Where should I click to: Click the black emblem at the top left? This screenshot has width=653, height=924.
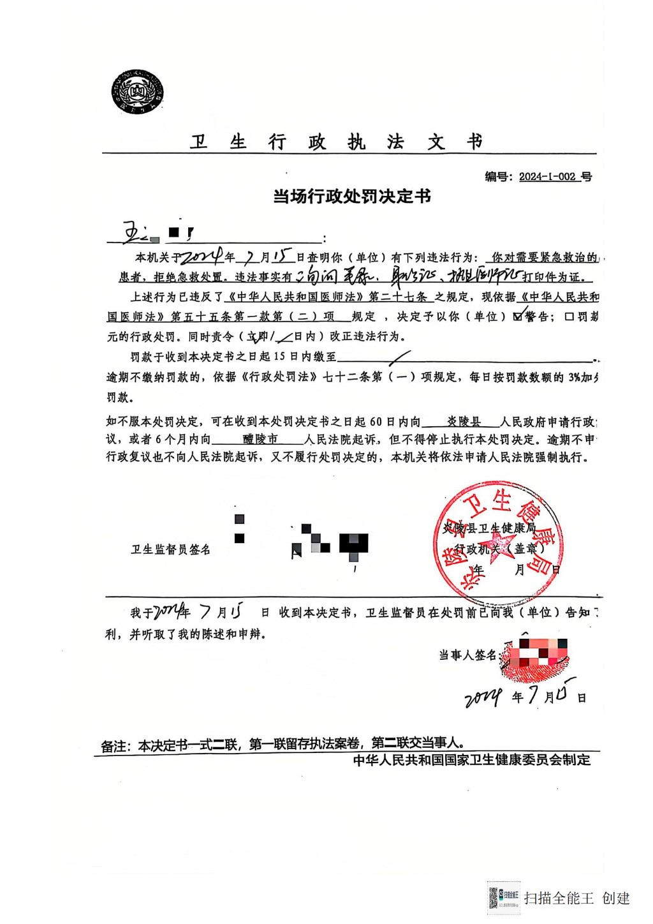[x=136, y=93]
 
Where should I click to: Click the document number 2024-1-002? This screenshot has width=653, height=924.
[x=547, y=177]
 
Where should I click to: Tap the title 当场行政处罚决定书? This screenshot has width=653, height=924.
[x=352, y=197]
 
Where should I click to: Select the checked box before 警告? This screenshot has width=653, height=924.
[x=518, y=316]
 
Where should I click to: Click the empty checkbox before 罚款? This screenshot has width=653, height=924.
[x=569, y=317]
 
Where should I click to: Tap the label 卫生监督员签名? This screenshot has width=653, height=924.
[x=170, y=549]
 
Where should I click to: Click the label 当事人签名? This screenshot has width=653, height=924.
[x=467, y=655]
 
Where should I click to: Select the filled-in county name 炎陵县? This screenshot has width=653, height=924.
[x=464, y=422]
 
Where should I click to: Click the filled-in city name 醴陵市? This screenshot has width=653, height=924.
[x=260, y=439]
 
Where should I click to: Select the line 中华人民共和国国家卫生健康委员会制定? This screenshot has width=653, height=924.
[x=472, y=760]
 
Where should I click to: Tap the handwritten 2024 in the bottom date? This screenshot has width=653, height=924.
[x=483, y=698]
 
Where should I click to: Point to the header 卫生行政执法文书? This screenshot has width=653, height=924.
[x=336, y=142]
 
